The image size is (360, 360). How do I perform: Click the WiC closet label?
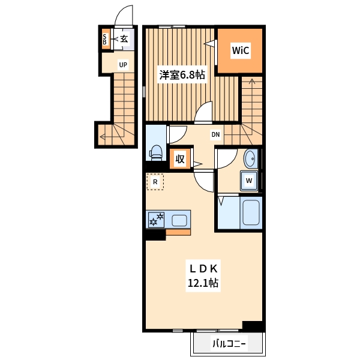(x=240, y=50)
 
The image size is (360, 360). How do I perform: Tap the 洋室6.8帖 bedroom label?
(x=182, y=75)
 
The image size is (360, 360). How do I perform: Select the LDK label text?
(x=203, y=269)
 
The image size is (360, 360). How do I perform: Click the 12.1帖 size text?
(x=203, y=283)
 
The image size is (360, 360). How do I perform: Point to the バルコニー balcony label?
(x=229, y=344)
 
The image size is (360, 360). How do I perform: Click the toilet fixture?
(x=156, y=152)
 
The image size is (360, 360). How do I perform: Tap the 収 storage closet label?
(x=180, y=159)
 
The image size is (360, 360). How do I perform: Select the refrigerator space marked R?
(x=155, y=182)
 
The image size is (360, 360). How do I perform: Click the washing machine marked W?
(x=249, y=181)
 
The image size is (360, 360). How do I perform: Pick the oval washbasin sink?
(x=250, y=158)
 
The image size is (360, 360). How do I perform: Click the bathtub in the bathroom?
(x=251, y=212)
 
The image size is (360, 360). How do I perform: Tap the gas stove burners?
(x=156, y=220)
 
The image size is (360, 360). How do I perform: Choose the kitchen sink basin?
(x=179, y=220)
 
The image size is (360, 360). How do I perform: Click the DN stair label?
(x=215, y=134)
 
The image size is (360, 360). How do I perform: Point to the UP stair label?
(x=123, y=65)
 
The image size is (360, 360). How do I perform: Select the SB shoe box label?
(x=104, y=39)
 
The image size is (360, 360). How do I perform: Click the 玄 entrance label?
(x=124, y=39)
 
